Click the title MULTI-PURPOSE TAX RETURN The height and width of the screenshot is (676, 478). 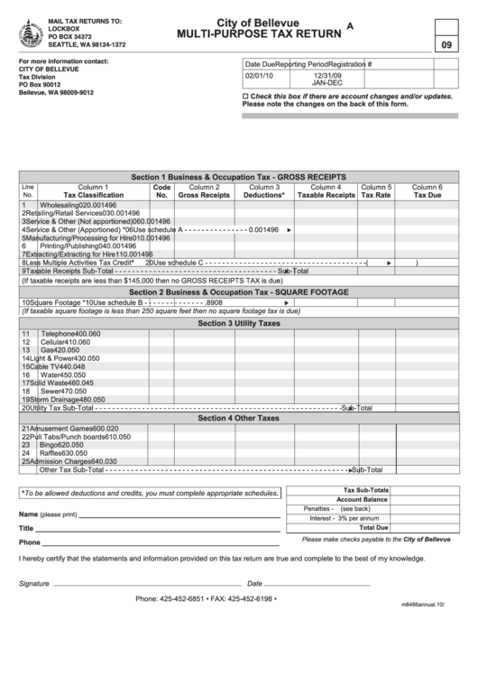click(259, 33)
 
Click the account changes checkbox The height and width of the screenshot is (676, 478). click(246, 96)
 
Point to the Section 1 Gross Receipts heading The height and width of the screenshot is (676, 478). click(239, 177)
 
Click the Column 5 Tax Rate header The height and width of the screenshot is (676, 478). click(376, 190)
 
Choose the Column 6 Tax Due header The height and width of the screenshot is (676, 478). click(427, 190)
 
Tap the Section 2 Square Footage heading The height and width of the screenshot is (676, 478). click(239, 292)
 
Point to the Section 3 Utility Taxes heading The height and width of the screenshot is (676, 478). click(239, 323)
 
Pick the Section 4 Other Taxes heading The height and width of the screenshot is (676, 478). click(239, 418)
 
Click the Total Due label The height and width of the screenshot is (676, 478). click(373, 528)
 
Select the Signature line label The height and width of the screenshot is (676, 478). click(34, 583)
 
